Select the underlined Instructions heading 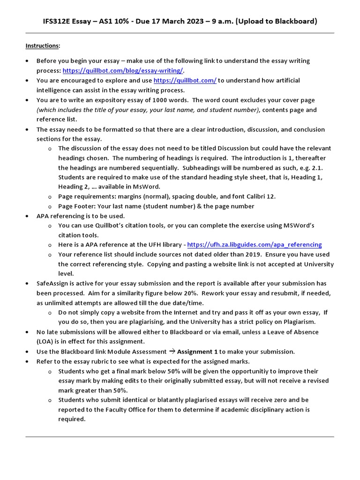(x=43, y=45)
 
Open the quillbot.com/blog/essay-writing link (x=123, y=70)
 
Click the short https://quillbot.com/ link (x=185, y=80)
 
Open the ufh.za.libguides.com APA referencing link (x=255, y=245)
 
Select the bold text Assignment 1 (x=197, y=352)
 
